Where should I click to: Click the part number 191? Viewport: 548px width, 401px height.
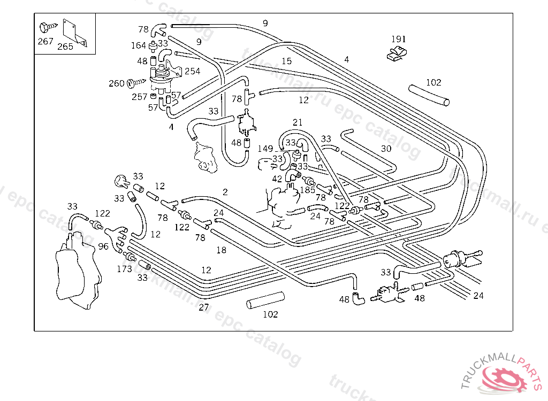(398, 39)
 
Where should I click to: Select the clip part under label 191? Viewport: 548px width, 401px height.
(396, 52)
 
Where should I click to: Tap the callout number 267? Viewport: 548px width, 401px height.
(45, 41)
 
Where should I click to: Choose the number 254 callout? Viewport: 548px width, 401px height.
(192, 71)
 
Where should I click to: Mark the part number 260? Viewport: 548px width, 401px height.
(116, 83)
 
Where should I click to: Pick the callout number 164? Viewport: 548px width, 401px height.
(138, 45)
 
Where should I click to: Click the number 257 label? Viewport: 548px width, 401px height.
(140, 97)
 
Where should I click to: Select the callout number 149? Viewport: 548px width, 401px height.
(265, 149)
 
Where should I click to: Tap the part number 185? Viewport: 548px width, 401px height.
(307, 189)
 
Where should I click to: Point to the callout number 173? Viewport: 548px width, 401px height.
(124, 269)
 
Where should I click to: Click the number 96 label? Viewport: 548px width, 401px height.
(103, 246)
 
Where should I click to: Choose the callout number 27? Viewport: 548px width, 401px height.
(203, 307)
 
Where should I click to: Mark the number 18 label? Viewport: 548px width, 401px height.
(221, 250)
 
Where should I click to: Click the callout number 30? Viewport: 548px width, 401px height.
(386, 149)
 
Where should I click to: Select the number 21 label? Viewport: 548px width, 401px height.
(298, 122)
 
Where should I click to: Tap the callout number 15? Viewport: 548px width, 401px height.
(287, 61)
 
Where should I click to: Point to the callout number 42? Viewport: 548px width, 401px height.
(277, 179)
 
